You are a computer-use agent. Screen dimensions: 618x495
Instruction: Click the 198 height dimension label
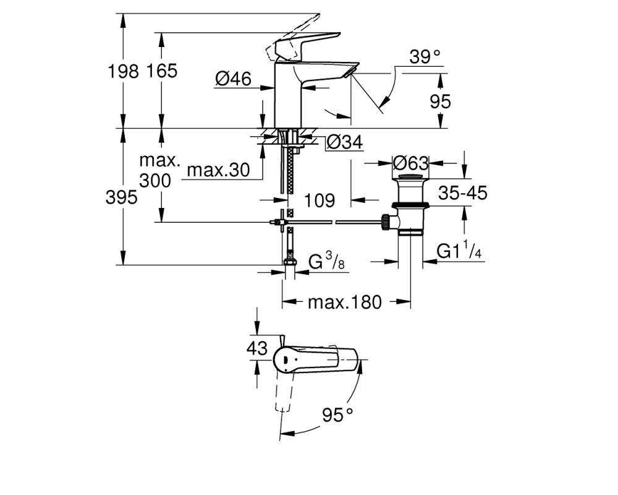pyautogui.click(x=124, y=71)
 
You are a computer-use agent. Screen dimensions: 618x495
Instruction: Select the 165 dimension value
pyautogui.click(x=162, y=71)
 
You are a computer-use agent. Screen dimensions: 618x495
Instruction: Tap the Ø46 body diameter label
pyautogui.click(x=234, y=79)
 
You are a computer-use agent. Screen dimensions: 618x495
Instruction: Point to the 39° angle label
pyautogui.click(x=425, y=57)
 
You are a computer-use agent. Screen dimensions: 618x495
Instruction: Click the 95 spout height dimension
pyautogui.click(x=440, y=101)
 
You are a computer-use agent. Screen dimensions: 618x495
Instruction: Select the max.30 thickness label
pyautogui.click(x=218, y=170)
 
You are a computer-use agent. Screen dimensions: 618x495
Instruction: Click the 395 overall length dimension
pyautogui.click(x=122, y=197)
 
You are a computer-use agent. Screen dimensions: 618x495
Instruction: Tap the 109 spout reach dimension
pyautogui.click(x=320, y=200)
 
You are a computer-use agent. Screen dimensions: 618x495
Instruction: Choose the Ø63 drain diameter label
pyautogui.click(x=411, y=163)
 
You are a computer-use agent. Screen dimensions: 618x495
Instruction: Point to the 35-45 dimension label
pyautogui.click(x=463, y=193)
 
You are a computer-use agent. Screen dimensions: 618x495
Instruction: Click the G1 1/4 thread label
pyautogui.click(x=460, y=250)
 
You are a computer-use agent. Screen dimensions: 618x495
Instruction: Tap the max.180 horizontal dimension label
pyautogui.click(x=345, y=302)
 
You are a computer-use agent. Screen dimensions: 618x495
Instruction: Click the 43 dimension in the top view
pyautogui.click(x=257, y=348)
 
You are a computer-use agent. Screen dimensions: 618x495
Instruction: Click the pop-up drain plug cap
pyautogui.click(x=411, y=176)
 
